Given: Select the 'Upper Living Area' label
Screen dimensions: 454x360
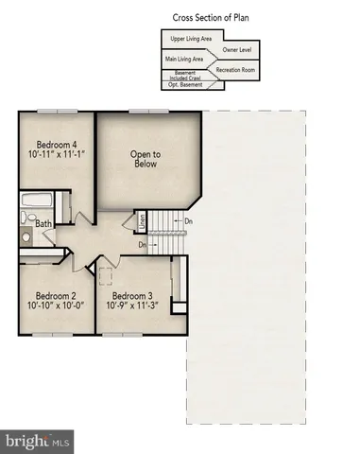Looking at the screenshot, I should pyautogui.click(x=190, y=39).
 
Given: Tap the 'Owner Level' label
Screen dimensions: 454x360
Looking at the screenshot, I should pyautogui.click(x=236, y=48).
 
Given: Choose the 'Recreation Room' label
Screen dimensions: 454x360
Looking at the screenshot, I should pyautogui.click(x=237, y=70).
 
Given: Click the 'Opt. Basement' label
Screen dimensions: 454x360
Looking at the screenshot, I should pyautogui.click(x=185, y=85).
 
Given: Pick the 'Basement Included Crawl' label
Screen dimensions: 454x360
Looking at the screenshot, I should pyautogui.click(x=185, y=75).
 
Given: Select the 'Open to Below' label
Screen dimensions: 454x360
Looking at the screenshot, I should pyautogui.click(x=145, y=159).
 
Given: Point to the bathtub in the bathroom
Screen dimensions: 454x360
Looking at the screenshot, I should pyautogui.click(x=36, y=201).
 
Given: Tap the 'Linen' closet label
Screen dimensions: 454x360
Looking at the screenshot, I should pyautogui.click(x=142, y=222).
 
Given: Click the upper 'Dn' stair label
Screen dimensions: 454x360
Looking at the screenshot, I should pyautogui.click(x=189, y=222).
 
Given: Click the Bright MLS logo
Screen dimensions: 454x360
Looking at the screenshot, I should pyautogui.click(x=38, y=441).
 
